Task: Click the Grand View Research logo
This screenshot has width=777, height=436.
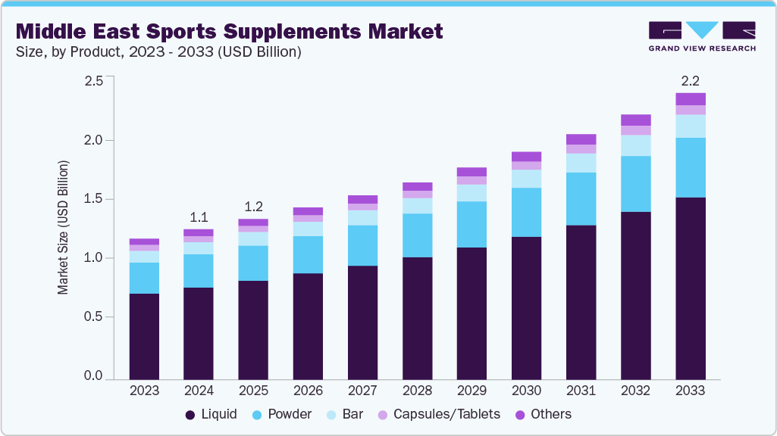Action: point(701,36)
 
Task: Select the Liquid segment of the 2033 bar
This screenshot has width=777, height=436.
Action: point(691,288)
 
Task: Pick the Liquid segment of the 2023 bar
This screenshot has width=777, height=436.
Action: point(144,336)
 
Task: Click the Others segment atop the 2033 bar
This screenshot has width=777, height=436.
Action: point(691,98)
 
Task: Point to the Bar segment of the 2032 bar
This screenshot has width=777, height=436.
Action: point(636,145)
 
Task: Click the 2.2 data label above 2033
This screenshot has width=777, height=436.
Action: point(691,79)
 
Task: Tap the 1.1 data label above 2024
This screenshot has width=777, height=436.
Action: point(199,216)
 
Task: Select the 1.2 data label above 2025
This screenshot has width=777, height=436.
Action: point(253,207)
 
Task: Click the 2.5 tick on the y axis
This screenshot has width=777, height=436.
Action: point(93,81)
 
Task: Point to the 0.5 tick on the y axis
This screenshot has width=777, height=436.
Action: point(93,317)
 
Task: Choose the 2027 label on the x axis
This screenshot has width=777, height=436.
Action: point(362,391)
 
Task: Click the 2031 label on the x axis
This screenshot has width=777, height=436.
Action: point(581,391)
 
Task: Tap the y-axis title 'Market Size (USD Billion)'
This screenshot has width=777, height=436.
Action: point(64,228)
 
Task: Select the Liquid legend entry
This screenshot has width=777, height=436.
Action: point(211,414)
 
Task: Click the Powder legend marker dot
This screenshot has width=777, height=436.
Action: point(257,415)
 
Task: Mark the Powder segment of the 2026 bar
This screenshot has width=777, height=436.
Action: point(308,254)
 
